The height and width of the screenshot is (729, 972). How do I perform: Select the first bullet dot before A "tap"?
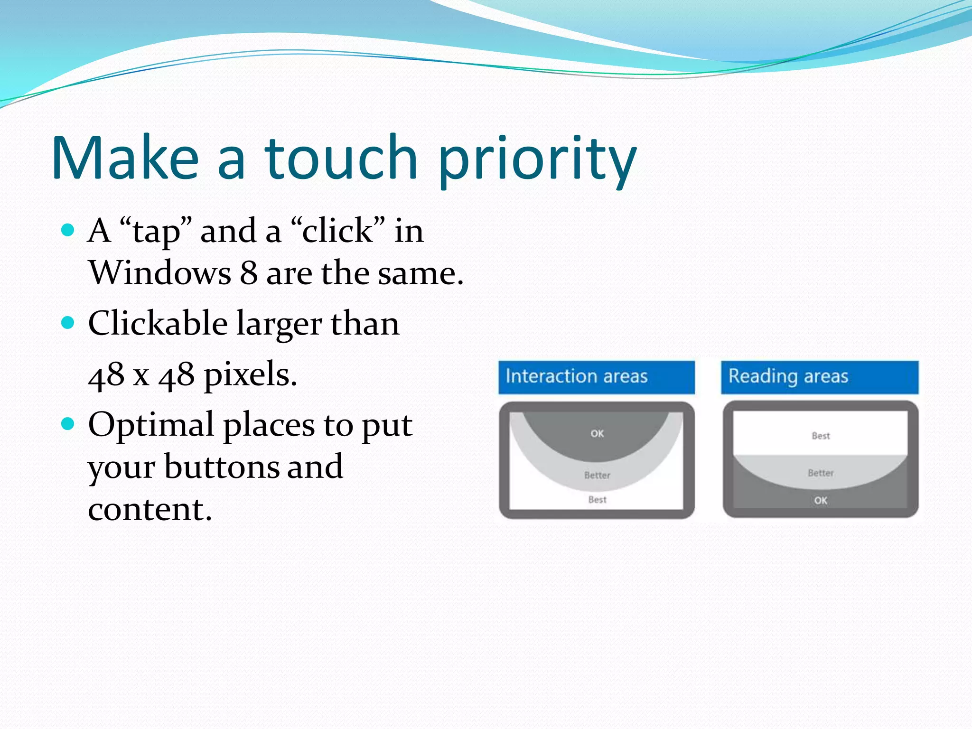[68, 231]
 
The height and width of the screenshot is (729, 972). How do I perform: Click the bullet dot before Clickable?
[68, 323]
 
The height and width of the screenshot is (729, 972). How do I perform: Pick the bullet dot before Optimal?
[68, 423]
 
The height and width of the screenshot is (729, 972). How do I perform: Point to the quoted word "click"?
[338, 231]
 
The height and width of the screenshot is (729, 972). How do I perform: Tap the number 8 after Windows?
[249, 273]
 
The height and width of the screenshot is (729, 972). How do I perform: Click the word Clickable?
[158, 323]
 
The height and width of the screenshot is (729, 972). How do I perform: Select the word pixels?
[250, 375]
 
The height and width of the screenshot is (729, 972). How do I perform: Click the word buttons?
[221, 467]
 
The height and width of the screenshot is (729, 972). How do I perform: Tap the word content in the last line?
[150, 509]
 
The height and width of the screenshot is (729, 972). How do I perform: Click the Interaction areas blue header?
[596, 377]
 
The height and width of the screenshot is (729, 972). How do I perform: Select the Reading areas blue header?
[819, 377]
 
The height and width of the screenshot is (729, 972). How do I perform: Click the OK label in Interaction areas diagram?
[597, 433]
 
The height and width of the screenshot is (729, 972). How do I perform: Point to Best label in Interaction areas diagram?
[597, 499]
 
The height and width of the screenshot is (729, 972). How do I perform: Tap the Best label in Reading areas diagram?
[821, 436]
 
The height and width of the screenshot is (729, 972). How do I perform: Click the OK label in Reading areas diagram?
[821, 500]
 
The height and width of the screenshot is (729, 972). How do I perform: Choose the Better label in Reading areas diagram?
[821, 473]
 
